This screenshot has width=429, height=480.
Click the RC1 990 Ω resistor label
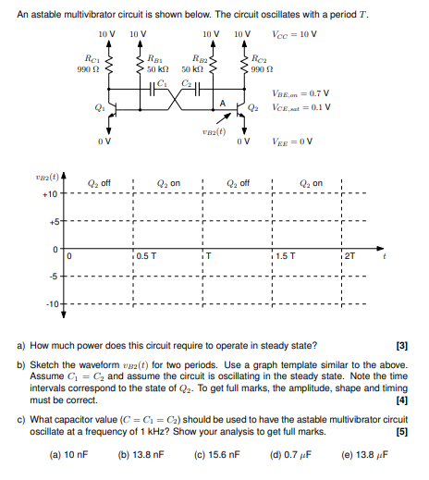point(85,64)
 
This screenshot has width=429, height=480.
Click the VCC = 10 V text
point(295,34)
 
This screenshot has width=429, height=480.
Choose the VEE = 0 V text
point(294,141)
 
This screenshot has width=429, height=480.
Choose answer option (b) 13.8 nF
point(141,453)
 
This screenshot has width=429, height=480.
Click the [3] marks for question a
point(401,346)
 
